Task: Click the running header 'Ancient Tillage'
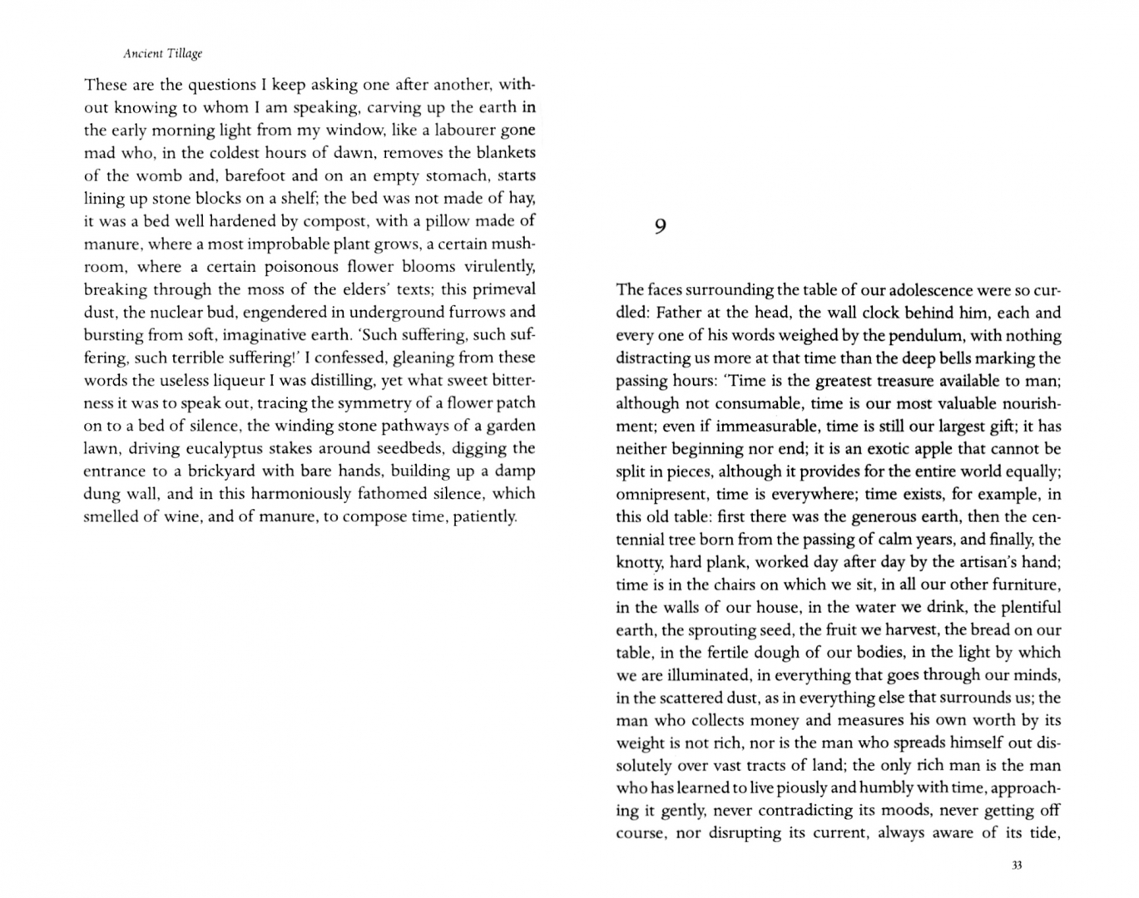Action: (x=162, y=53)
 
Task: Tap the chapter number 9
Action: (x=660, y=226)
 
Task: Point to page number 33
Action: (x=1016, y=866)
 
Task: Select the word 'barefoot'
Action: (x=250, y=175)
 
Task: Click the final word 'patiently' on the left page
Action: (x=484, y=516)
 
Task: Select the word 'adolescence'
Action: (x=930, y=290)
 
